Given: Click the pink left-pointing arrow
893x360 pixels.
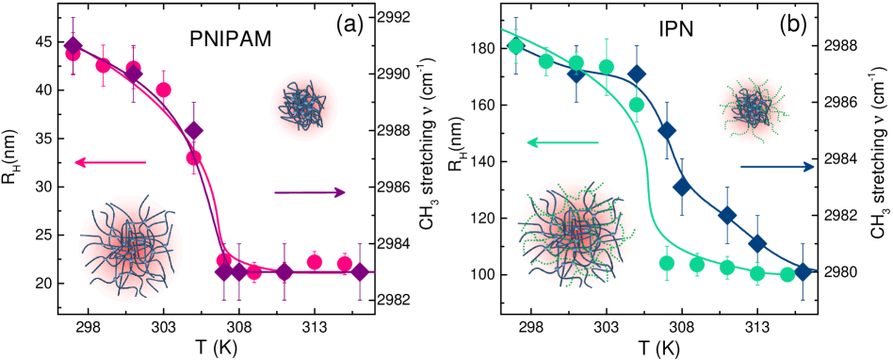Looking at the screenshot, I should tap(109, 162).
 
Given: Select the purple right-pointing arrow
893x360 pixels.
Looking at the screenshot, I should tap(310, 192).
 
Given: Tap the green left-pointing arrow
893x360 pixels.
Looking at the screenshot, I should tap(561, 142).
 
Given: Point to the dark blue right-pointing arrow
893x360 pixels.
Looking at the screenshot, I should tap(777, 167).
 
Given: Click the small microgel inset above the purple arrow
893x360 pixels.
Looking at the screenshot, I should tap(302, 107).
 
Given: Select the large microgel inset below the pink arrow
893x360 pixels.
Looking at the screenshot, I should tap(131, 249).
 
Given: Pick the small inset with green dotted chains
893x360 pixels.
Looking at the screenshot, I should tap(752, 110).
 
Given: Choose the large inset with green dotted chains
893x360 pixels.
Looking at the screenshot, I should tap(575, 235).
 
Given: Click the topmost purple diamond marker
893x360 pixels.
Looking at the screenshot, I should tap(73, 44).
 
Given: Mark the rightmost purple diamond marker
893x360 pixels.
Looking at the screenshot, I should tap(359, 271).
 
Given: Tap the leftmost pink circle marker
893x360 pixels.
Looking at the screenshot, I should tap(73, 54).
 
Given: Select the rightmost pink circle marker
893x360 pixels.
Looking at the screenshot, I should tap(345, 263).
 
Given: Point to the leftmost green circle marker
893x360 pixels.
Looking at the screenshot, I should tap(515, 46).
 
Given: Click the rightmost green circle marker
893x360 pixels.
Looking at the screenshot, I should tap(787, 274).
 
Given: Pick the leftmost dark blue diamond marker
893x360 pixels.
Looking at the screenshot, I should tap(576, 73).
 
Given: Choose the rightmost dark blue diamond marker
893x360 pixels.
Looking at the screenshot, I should tap(803, 271).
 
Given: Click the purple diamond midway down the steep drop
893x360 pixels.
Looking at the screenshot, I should tap(193, 130).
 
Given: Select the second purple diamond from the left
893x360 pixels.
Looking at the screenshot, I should tap(134, 73).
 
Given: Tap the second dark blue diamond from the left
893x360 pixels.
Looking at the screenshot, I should tap(636, 74).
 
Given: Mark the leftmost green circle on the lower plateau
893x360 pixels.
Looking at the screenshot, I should tap(667, 262).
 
